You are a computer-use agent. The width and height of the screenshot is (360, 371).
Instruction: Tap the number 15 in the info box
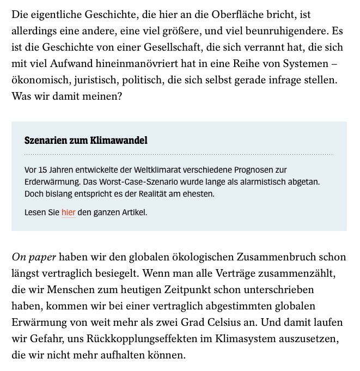[44, 169]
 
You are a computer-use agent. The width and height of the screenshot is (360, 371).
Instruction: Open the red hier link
[69, 212]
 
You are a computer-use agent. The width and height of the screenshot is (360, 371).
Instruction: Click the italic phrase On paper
[34, 257]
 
